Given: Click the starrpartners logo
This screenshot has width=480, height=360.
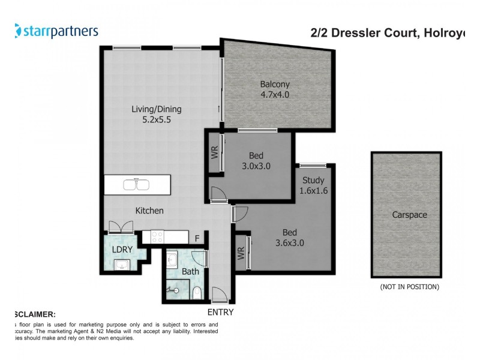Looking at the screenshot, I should click(56, 31).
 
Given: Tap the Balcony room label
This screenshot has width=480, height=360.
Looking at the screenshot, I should click(275, 84).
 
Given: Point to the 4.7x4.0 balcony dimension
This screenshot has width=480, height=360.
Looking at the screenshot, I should click(275, 95).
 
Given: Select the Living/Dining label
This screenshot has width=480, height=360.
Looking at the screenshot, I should click(157, 109).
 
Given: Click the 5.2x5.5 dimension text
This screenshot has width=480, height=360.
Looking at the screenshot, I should click(157, 119).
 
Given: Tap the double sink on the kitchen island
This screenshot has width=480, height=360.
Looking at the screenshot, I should click(137, 184).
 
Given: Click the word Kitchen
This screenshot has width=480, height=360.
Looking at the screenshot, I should click(149, 211).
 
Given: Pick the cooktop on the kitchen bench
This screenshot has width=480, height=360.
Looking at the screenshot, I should click(158, 237).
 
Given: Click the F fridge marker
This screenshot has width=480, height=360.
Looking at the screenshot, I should click(196, 238).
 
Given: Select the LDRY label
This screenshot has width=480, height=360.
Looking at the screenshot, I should click(122, 248).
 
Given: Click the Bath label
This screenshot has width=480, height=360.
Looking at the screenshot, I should click(190, 272).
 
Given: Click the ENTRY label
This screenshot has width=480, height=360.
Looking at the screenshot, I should click(220, 312).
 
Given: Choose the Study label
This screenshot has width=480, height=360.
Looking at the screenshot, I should click(313, 180).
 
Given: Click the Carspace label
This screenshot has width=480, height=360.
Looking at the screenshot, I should click(409, 214).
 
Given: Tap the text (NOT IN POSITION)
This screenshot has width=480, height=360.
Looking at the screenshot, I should click(409, 287).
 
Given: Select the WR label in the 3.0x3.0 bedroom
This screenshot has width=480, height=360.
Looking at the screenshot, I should click(214, 152).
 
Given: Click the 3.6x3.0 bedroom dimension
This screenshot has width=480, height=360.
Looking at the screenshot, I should click(289, 243).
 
